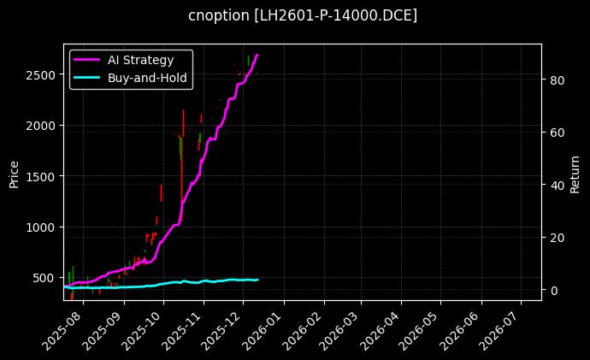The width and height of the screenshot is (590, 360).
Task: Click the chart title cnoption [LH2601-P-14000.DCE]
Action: [x=303, y=15]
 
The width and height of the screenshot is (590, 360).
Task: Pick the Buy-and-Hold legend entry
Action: [x=147, y=78]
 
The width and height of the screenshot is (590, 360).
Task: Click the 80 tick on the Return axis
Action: [x=556, y=80]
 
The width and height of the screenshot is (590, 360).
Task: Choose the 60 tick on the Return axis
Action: [x=556, y=133]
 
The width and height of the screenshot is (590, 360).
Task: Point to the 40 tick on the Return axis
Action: [x=556, y=186]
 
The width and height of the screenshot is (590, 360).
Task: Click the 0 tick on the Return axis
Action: [x=552, y=291]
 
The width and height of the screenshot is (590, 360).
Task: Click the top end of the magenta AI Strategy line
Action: [x=257, y=55]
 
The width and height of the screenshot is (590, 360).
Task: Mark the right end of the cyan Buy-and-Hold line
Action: [x=257, y=280]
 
